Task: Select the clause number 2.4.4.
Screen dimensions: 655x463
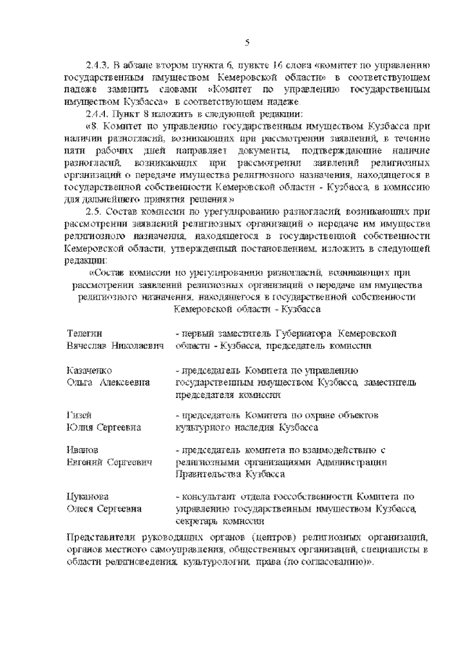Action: pyautogui.click(x=98, y=115)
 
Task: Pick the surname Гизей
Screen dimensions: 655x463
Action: pyautogui.click(x=80, y=415)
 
